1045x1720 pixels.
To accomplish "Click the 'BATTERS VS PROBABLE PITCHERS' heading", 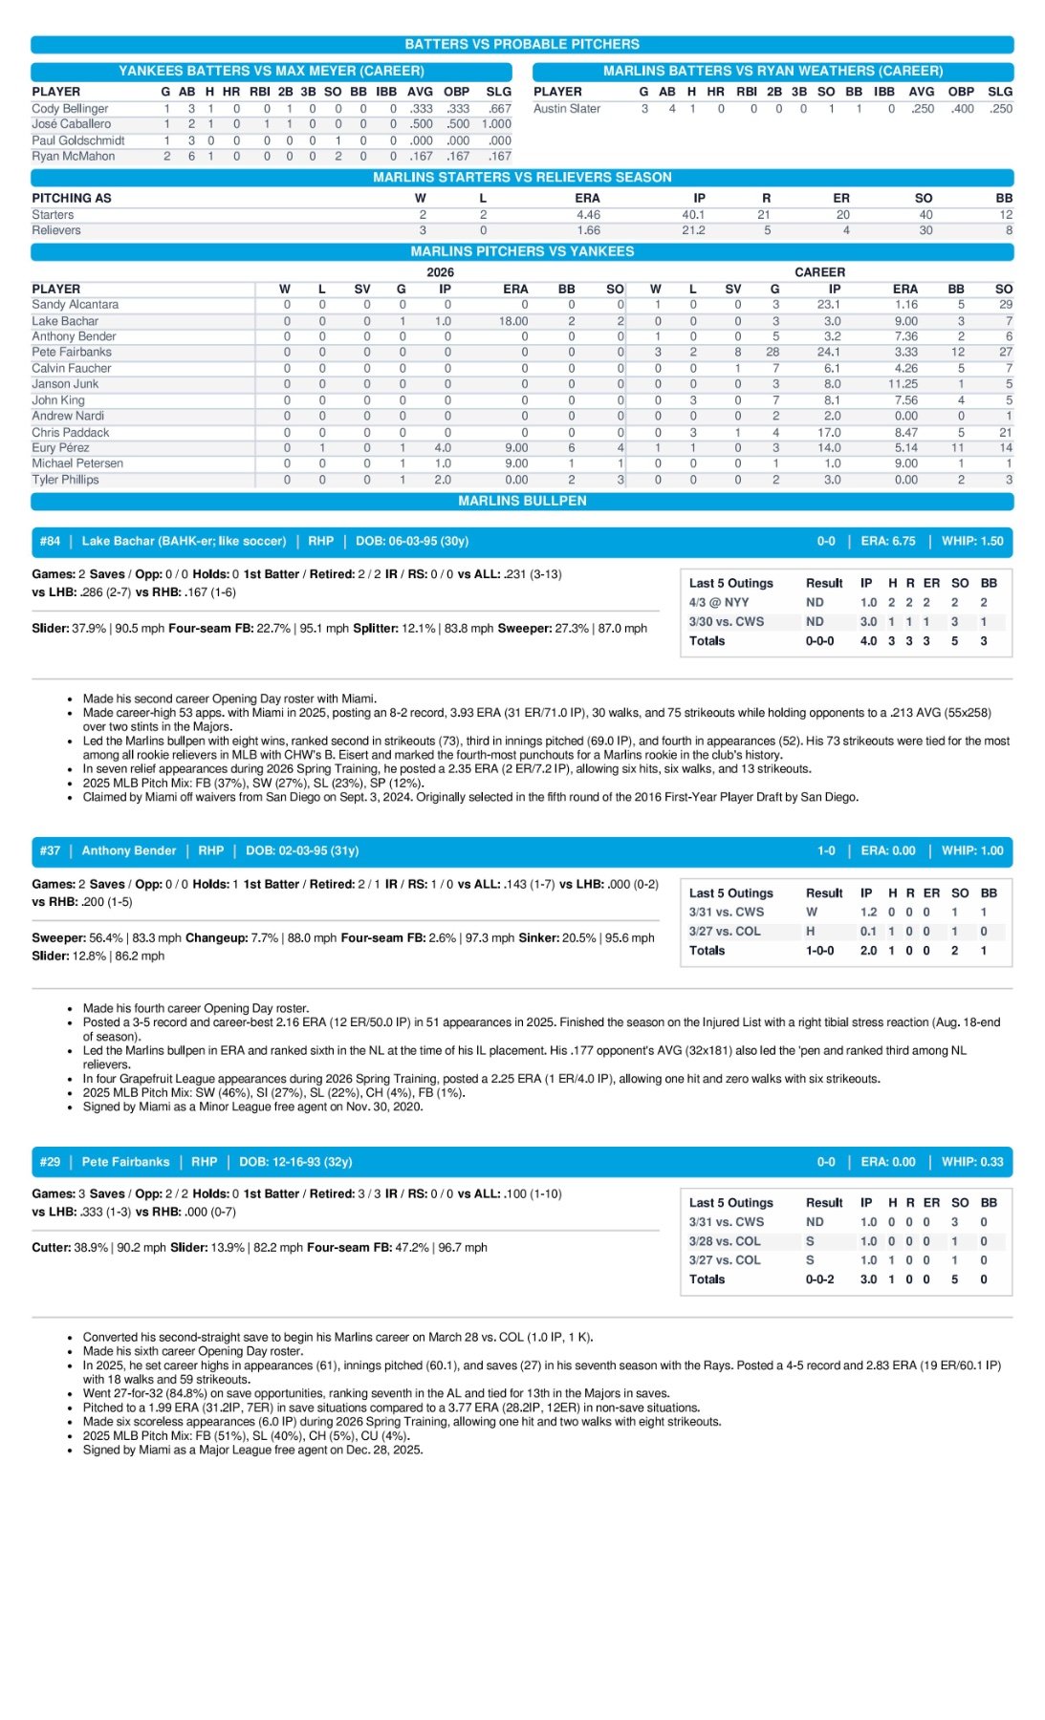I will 522,44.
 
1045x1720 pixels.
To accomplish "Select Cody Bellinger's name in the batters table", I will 70,109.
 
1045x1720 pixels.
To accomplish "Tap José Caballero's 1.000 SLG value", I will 495,124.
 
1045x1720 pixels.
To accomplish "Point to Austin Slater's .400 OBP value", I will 961,109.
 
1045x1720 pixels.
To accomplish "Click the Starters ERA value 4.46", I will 588,215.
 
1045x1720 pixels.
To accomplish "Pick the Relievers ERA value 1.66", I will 588,230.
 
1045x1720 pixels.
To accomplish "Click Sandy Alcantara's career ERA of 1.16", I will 905,305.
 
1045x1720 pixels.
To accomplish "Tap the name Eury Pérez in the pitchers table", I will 60,448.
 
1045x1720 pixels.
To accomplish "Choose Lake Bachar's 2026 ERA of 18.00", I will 513,321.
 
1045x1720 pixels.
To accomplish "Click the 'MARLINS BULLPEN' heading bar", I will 522,501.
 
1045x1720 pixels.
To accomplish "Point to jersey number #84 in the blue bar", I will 50,541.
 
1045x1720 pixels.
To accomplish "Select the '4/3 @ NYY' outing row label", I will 719,603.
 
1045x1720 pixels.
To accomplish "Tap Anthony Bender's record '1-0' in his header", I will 826,850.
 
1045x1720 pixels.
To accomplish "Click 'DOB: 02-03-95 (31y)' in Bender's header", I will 302,850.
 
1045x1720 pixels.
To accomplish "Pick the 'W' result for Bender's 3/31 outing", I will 812,913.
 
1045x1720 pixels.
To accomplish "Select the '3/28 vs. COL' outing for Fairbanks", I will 725,1241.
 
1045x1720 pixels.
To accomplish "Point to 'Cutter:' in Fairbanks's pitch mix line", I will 51,1248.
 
